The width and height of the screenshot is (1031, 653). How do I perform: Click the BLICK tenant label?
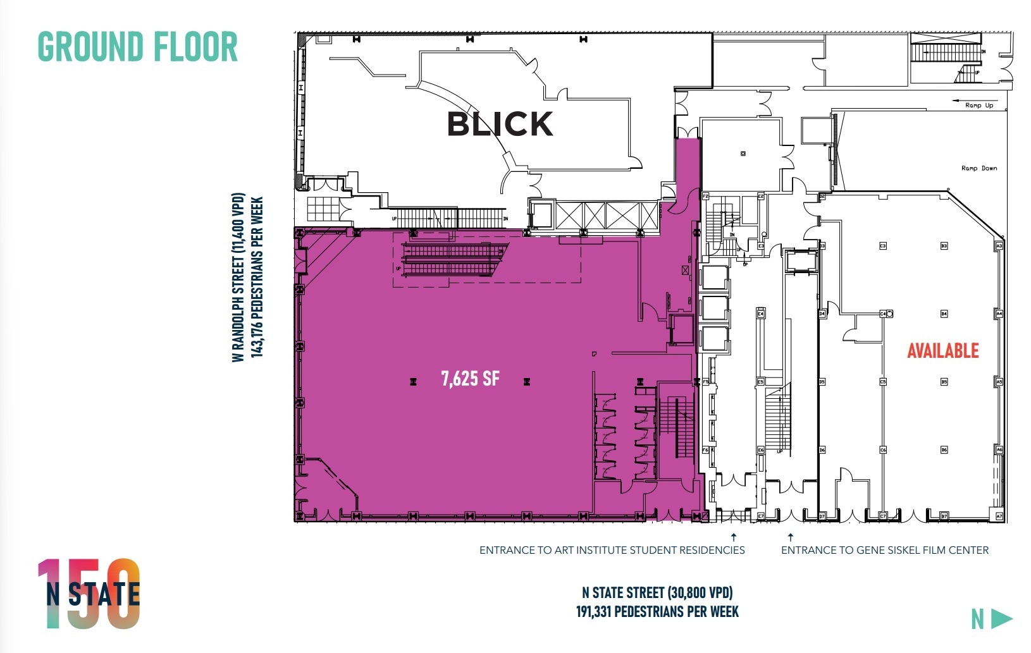(500, 124)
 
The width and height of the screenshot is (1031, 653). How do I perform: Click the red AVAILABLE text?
(942, 351)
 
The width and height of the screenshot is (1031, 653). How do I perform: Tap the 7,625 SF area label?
(470, 379)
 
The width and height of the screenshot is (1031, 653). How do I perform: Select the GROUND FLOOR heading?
(138, 47)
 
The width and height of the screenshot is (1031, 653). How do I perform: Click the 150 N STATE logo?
(89, 594)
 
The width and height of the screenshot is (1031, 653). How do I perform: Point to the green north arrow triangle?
(1001, 618)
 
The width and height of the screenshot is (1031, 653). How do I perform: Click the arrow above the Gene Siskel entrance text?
(790, 537)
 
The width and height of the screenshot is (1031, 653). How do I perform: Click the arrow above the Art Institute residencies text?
(734, 537)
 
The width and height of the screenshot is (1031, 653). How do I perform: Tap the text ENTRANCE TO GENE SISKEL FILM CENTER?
(884, 550)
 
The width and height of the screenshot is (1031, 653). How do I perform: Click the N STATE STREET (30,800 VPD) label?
(657, 593)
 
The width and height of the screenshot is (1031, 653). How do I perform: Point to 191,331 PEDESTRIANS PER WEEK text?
(657, 612)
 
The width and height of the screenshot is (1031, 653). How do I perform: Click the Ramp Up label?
(979, 106)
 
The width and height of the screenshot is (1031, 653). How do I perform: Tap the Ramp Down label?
(979, 168)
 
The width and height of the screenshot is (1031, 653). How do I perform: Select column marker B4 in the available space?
(944, 314)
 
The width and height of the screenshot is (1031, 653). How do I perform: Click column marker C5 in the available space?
(883, 382)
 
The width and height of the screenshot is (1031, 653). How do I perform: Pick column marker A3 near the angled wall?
(999, 245)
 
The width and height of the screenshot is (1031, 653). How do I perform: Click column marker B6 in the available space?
(944, 450)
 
